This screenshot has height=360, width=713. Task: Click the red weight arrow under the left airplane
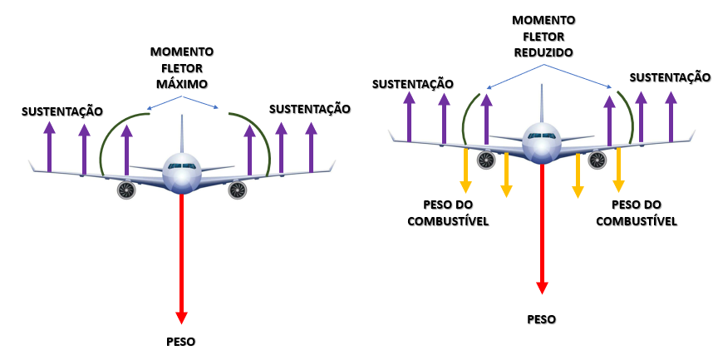181,258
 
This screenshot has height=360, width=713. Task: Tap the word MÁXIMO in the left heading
182,84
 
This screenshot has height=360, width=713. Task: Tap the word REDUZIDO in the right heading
543,52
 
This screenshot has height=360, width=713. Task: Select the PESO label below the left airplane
181,341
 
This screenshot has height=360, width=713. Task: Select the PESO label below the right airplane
543,318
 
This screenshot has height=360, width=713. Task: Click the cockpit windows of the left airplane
181,166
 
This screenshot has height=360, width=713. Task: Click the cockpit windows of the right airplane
543,136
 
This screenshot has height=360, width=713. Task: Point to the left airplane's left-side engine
126,190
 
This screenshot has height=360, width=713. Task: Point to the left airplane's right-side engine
238,190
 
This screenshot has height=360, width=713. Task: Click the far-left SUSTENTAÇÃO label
62,111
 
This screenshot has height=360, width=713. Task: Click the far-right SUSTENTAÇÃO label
670,77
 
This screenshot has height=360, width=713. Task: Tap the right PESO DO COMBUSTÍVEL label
644,213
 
